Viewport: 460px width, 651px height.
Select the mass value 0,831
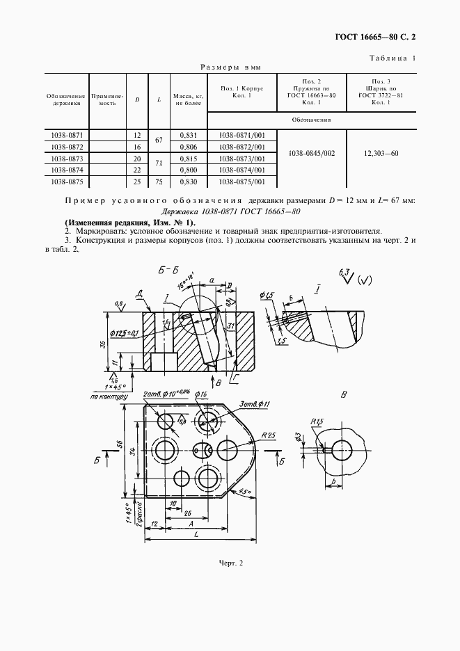click(x=188, y=136)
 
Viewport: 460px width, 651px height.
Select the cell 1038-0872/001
click(x=242, y=147)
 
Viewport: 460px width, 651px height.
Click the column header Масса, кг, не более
click(x=188, y=98)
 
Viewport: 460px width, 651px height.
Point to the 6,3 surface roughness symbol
click(x=345, y=271)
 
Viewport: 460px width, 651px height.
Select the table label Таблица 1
click(x=392, y=58)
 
